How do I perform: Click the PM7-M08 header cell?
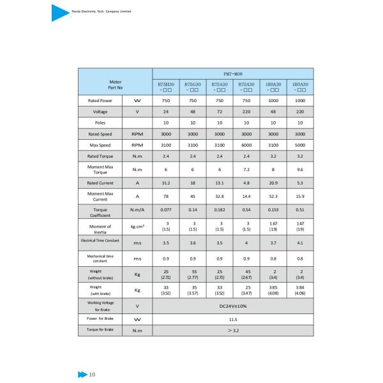pyautogui.click(x=232, y=74)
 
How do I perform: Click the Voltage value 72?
pyautogui.click(x=219, y=111)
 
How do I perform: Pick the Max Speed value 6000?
pyautogui.click(x=246, y=145)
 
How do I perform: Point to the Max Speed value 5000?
pyautogui.click(x=300, y=145)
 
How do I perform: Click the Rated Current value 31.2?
pyautogui.click(x=165, y=183)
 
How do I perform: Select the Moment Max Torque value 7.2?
pyautogui.click(x=246, y=169)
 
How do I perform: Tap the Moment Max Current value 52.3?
pyautogui.click(x=273, y=197)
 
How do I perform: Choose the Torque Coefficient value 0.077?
pyautogui.click(x=165, y=209)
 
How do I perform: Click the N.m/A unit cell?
pyautogui.click(x=137, y=209)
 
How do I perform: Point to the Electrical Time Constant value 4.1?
pyautogui.click(x=300, y=243)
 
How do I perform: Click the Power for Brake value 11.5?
pyautogui.click(x=232, y=318)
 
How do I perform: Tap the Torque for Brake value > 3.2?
pyautogui.click(x=232, y=330)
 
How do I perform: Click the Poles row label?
pyautogui.click(x=100, y=122)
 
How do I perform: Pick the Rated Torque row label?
pyautogui.click(x=100, y=156)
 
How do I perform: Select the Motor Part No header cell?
pyautogui.click(x=115, y=85)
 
